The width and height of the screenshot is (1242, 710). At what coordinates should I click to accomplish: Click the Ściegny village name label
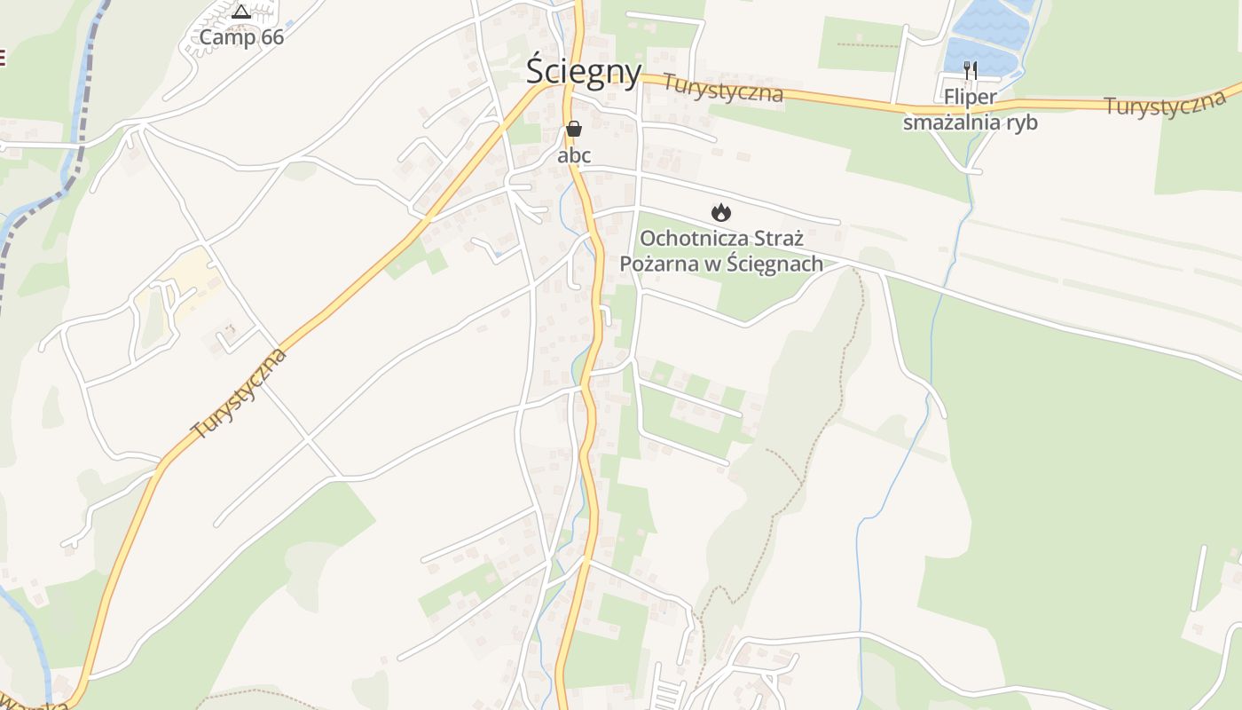click(x=583, y=71)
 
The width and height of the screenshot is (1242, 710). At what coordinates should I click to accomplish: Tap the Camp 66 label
click(x=241, y=37)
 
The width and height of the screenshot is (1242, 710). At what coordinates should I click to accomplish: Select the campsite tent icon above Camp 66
click(x=241, y=12)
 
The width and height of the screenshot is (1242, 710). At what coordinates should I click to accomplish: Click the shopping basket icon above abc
click(x=574, y=130)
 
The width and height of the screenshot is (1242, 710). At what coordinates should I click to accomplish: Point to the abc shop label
click(x=574, y=154)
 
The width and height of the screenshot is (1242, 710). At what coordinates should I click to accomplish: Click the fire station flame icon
click(x=720, y=212)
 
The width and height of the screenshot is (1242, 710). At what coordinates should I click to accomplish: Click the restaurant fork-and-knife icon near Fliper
click(x=971, y=70)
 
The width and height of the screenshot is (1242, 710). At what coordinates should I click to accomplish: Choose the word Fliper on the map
click(x=971, y=97)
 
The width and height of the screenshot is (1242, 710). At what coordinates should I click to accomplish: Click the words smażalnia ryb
click(x=971, y=122)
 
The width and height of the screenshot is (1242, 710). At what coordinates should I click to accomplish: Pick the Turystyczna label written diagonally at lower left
click(x=240, y=393)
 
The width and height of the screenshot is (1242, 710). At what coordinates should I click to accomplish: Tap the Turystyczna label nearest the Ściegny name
click(x=723, y=89)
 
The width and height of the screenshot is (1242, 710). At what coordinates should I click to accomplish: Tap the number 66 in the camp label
click(x=267, y=37)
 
